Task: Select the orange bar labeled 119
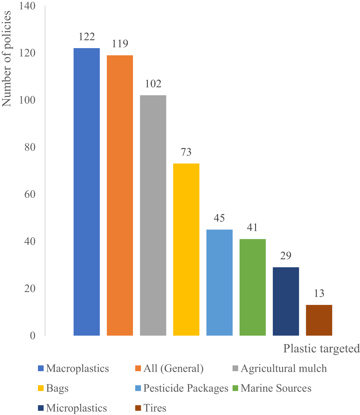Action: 120,195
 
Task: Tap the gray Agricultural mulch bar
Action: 153,215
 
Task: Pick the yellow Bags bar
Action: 186,249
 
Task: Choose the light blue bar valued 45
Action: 219,282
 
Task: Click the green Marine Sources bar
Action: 252,287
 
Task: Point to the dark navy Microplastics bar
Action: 286,301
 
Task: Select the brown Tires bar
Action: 319,320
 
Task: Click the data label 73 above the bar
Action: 186,152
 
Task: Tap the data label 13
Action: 319,293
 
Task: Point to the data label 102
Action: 153,84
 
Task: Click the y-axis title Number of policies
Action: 7,59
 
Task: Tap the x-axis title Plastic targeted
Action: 321,348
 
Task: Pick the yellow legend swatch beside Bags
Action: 41,388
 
